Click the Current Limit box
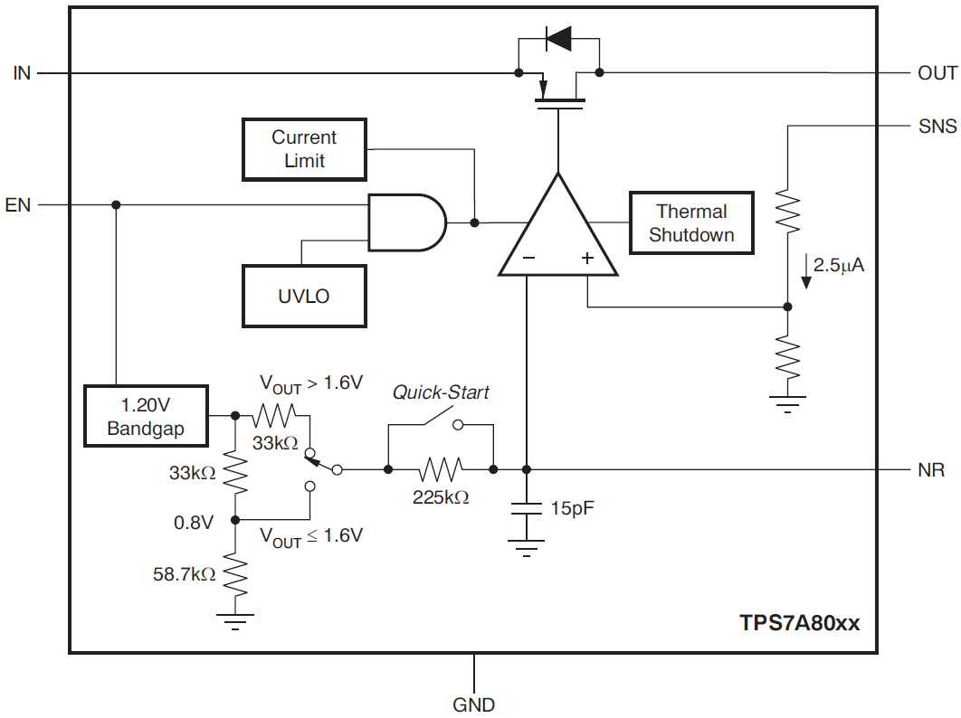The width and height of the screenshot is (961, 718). (x=304, y=149)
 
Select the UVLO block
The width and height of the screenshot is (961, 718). (x=304, y=296)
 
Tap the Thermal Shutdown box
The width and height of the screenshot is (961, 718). (x=691, y=222)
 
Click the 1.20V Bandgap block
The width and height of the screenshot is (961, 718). (x=146, y=416)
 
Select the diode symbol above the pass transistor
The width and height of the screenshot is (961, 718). (x=558, y=38)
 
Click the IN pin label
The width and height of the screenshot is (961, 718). (x=22, y=73)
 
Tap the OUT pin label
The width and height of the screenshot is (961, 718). (x=937, y=73)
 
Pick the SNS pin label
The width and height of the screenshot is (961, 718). (x=937, y=127)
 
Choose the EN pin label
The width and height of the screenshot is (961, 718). (x=18, y=205)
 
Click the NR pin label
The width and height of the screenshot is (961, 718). (x=931, y=470)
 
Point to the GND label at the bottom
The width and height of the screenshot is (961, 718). (x=474, y=704)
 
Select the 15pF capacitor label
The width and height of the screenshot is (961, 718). (x=573, y=508)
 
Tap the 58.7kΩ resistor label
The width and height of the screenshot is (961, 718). (x=184, y=573)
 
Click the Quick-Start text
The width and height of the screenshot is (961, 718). (x=441, y=392)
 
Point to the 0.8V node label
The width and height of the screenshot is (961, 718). (x=194, y=522)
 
